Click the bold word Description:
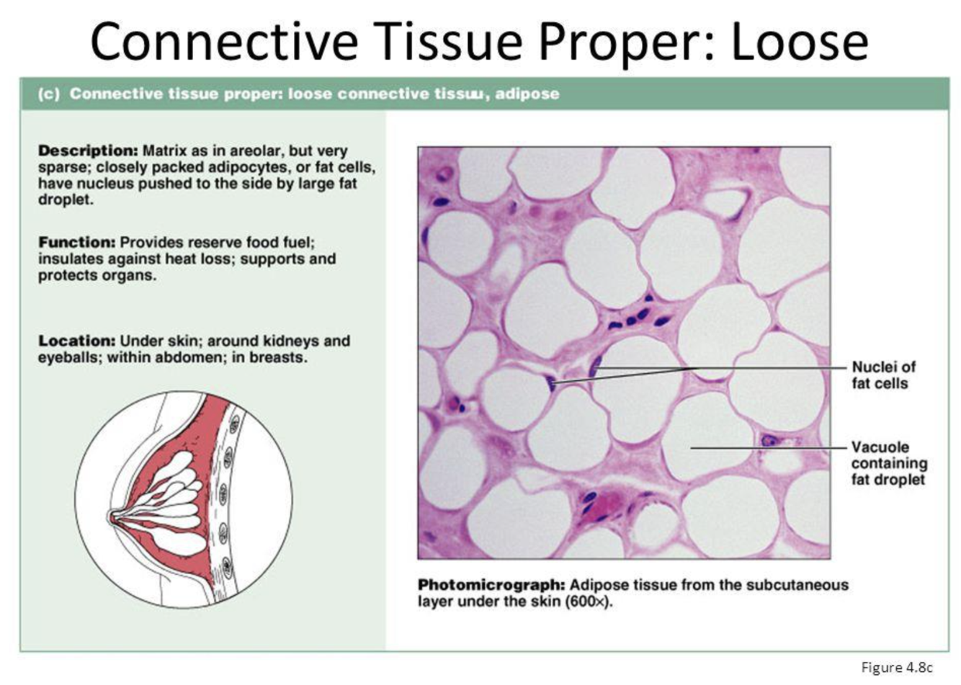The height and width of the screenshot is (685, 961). [x=88, y=151]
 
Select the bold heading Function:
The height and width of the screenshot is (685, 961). [x=77, y=242]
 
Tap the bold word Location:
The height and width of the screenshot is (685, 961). [x=77, y=341]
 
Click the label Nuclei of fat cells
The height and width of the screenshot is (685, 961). [x=884, y=375]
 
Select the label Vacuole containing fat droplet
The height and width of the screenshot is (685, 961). [x=890, y=463]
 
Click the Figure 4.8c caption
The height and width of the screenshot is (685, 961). [x=897, y=668]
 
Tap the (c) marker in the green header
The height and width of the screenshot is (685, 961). [x=48, y=94]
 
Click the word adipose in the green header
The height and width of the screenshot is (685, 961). [x=527, y=94]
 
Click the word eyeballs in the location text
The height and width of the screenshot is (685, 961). [x=71, y=358]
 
